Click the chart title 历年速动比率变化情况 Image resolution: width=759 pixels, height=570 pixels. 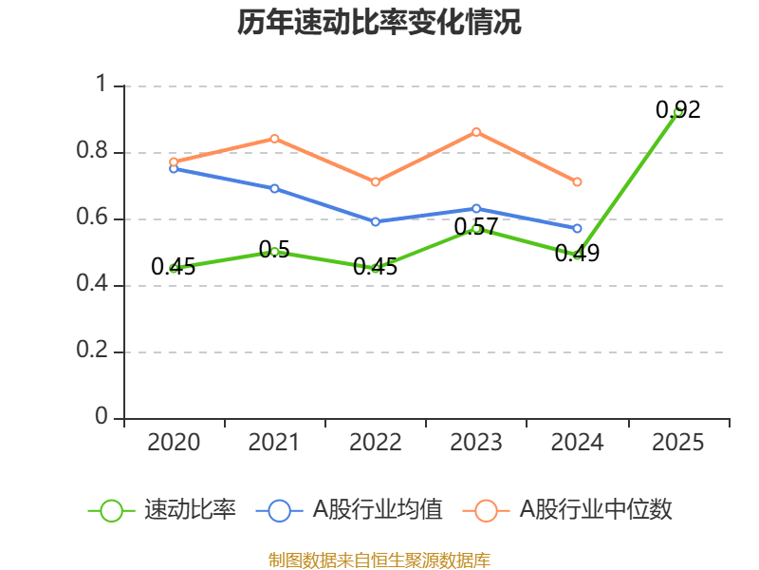[379, 23]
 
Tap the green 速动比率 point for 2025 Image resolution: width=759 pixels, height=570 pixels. [678, 112]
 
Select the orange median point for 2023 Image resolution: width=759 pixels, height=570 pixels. [476, 132]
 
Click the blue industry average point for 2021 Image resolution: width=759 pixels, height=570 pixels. [274, 188]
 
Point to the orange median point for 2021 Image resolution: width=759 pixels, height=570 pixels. [274, 139]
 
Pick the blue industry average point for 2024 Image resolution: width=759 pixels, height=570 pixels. [577, 228]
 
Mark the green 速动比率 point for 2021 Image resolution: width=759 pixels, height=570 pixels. [274, 252]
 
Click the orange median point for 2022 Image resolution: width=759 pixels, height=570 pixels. [376, 181]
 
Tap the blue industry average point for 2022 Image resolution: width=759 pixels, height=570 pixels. [376, 221]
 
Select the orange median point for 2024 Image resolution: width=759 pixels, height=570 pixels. [577, 181]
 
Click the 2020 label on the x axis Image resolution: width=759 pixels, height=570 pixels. [175, 443]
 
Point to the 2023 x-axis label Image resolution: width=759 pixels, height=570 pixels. [476, 443]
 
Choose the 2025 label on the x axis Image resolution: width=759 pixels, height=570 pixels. [678, 443]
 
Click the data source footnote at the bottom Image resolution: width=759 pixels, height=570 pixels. [379, 560]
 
